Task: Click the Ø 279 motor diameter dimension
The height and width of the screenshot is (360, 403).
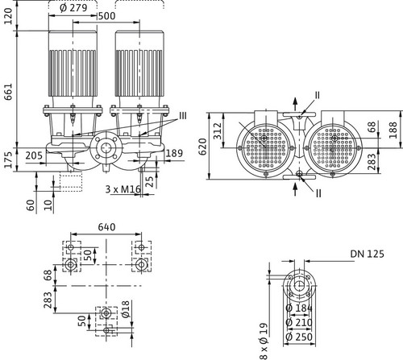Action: click(x=73, y=8)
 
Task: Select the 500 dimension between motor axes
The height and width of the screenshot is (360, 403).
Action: click(x=107, y=16)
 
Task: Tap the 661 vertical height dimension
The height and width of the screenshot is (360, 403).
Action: click(x=8, y=92)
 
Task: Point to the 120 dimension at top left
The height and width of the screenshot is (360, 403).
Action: click(x=8, y=16)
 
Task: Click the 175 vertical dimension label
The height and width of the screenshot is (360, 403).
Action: click(x=8, y=160)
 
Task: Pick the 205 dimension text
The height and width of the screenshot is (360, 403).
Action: click(x=34, y=155)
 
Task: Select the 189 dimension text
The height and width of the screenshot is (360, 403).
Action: click(x=174, y=153)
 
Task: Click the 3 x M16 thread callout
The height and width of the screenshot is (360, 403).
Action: click(x=123, y=189)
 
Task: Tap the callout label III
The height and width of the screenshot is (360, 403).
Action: click(x=183, y=116)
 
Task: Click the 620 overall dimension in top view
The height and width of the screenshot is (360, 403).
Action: click(x=203, y=147)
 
